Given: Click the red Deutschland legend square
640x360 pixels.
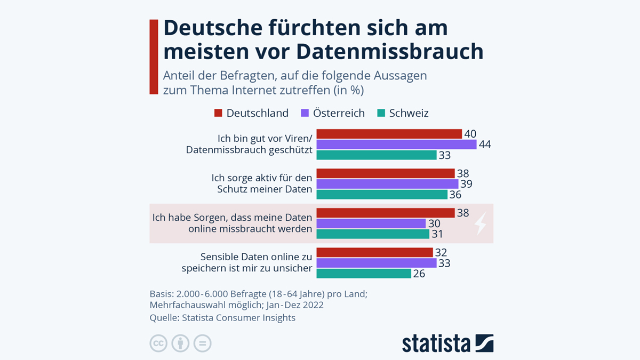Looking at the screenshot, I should pos(218,113).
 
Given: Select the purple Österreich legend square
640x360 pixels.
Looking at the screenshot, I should pos(305,113).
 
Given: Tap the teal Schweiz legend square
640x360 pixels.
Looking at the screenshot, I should pos(381,113).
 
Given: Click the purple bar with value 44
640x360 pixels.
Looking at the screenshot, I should pos(396,145).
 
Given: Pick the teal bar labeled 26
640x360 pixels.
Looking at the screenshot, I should pos(364,274).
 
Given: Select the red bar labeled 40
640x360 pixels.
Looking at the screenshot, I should pos(389,134).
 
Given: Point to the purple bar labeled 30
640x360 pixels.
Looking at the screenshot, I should pos(371,223).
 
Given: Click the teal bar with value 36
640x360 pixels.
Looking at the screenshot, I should pos(382,195).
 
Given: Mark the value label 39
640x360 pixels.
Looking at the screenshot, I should pos(466,184).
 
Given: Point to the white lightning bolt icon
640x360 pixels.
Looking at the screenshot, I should pos(481,223).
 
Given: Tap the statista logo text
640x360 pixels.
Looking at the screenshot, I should pos(436,343).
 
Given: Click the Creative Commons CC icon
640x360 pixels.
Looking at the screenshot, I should pos(158,343).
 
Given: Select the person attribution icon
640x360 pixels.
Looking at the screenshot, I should pos(181,343).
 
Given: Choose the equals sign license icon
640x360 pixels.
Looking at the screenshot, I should pos(203,343).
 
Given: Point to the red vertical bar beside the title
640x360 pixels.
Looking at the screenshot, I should pos(154,57).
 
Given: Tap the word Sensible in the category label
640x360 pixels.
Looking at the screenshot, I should pos(220,257).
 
